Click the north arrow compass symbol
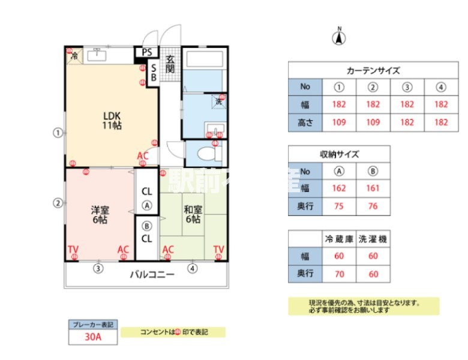pyautogui.click(x=339, y=37)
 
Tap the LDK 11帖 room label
pyautogui.click(x=113, y=120)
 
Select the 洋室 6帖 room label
pyautogui.click(x=99, y=215)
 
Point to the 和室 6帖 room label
pyautogui.click(x=193, y=214)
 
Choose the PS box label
pyautogui.click(x=147, y=53)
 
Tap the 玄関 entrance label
pyautogui.click(x=170, y=64)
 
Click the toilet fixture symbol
pyautogui.click(x=206, y=153)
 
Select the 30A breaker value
pyautogui.click(x=93, y=337)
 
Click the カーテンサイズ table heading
pyautogui.click(x=373, y=70)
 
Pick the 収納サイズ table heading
pyautogui.click(x=339, y=154)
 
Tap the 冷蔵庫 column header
pyautogui.click(x=339, y=239)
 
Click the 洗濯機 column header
pyautogui.click(x=373, y=239)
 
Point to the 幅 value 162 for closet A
pyautogui.click(x=339, y=188)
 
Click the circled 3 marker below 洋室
pyautogui.click(x=98, y=268)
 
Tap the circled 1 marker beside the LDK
pyautogui.click(x=58, y=133)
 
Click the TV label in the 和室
pyautogui.click(x=218, y=249)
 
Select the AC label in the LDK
pyautogui.click(x=142, y=155)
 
